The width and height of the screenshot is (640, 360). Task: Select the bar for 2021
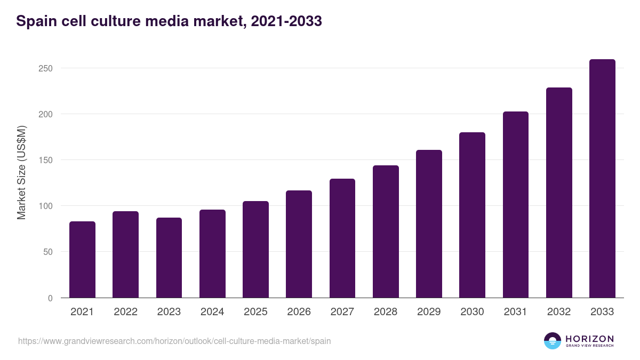click(82, 260)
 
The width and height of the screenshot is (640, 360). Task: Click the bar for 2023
click(169, 258)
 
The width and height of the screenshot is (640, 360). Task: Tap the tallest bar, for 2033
click(602, 179)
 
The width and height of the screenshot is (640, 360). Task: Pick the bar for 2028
click(386, 231)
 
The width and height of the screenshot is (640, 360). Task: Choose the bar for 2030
click(472, 215)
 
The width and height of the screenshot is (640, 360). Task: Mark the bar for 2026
click(299, 244)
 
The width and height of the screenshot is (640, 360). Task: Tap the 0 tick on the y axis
click(50, 298)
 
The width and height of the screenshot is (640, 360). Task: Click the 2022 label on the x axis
click(125, 312)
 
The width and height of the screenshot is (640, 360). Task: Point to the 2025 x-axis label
click(255, 312)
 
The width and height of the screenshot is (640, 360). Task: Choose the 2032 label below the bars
click(559, 312)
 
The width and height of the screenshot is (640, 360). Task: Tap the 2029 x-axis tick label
click(429, 312)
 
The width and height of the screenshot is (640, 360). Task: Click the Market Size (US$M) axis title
click(21, 172)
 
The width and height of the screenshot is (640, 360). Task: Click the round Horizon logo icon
click(553, 341)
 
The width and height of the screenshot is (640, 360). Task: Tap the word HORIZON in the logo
click(589, 338)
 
